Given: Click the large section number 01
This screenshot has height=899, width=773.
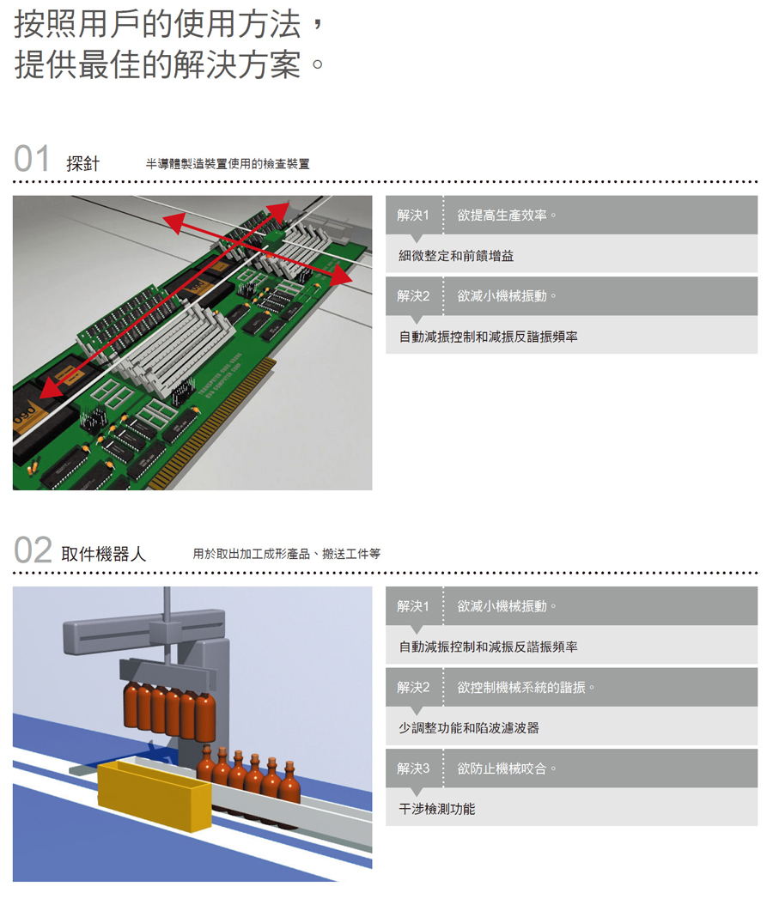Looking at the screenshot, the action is tap(32, 158).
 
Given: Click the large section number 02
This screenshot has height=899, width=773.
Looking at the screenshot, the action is tap(33, 550).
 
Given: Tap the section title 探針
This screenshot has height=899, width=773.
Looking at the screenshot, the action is tap(83, 164).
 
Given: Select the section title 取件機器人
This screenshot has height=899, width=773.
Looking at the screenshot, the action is tap(104, 554).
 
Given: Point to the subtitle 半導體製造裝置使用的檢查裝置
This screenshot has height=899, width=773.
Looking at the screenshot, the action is tap(228, 164).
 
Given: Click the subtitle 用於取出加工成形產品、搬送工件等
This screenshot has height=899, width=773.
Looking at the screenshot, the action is tap(287, 554).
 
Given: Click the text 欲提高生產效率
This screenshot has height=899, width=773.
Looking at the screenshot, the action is tap(502, 215).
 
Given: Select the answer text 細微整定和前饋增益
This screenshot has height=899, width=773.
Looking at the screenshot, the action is tap(456, 256).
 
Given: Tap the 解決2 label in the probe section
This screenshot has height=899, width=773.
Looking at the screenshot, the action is tap(413, 296).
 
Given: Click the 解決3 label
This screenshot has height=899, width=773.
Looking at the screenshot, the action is tap(413, 768).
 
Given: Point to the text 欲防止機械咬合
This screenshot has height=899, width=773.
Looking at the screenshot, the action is tap(502, 768).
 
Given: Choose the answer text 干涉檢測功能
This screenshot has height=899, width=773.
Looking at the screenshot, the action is tap(437, 809).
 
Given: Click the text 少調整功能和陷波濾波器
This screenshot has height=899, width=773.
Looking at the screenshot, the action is tap(469, 728).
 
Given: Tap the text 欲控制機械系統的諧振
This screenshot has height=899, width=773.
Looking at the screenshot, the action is tap(521, 687).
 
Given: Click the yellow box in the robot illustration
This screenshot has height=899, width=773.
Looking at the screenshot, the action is tap(154, 794).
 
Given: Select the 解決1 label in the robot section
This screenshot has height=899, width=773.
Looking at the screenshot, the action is tap(413, 606).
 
